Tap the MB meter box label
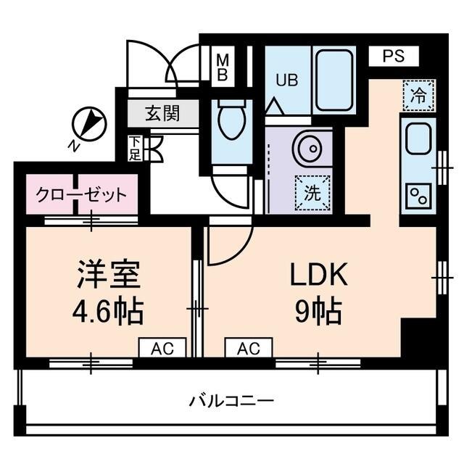tap(223, 67)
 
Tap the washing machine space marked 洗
tap(312, 193)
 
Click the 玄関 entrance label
tap(162, 114)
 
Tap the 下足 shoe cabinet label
tap(136, 149)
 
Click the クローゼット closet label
tap(82, 195)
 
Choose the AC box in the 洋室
tap(162, 349)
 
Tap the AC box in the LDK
tap(248, 349)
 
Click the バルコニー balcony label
tap(231, 400)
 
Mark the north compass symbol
tap(91, 123)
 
